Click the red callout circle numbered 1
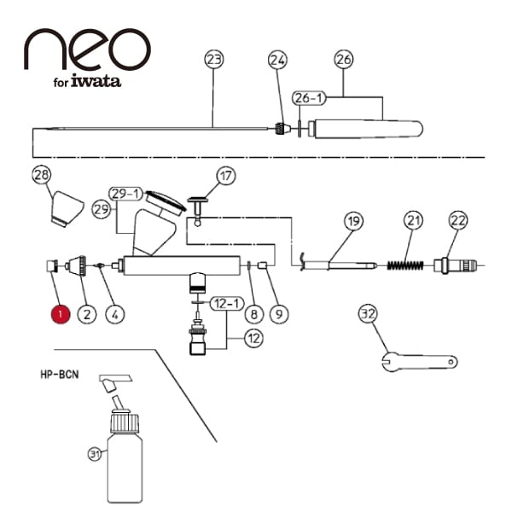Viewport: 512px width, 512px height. (x=60, y=313)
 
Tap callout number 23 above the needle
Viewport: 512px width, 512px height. (x=213, y=60)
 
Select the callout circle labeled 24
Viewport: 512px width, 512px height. (x=277, y=60)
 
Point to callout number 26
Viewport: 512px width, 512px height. (x=344, y=60)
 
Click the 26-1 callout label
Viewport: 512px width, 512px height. (x=308, y=99)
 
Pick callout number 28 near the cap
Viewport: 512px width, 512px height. (x=42, y=176)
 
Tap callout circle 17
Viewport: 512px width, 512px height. (x=225, y=177)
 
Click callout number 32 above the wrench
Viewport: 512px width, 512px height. (x=368, y=314)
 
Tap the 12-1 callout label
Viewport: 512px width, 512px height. (x=225, y=302)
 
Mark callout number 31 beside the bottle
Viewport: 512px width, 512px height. (x=94, y=453)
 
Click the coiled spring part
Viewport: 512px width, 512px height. (x=404, y=263)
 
